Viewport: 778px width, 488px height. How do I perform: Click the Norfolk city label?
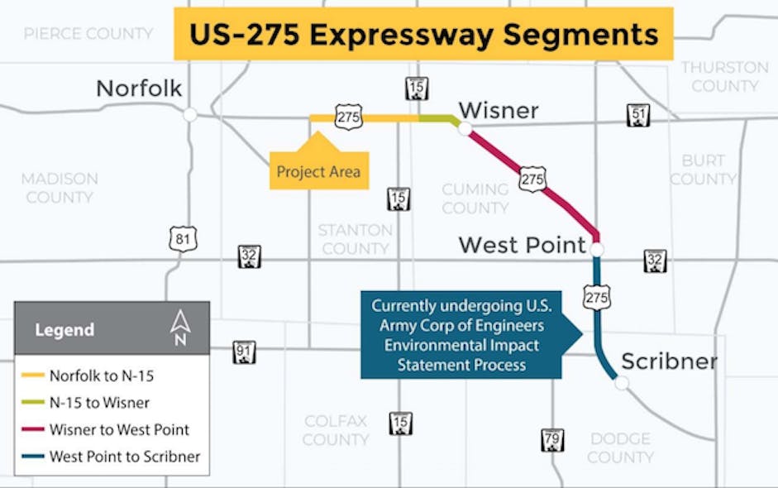(x=139, y=89)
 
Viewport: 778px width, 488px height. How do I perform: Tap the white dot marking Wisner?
(x=465, y=128)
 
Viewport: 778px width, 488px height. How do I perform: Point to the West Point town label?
(x=522, y=245)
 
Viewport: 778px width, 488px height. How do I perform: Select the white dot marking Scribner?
(x=622, y=382)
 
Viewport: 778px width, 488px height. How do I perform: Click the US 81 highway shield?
(x=181, y=239)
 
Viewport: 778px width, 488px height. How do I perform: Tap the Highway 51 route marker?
(x=637, y=116)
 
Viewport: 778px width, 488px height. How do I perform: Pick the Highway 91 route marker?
(x=244, y=352)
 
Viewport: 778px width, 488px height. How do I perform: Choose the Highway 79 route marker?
(x=551, y=440)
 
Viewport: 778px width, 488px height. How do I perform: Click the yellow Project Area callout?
(x=318, y=171)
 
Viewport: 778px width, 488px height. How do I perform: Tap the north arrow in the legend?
(x=179, y=328)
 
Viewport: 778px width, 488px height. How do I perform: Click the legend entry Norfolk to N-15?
(x=101, y=376)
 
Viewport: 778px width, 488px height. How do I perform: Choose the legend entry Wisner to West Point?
(x=118, y=429)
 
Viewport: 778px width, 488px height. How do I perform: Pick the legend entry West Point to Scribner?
(x=124, y=456)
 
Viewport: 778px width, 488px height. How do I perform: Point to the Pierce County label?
(x=88, y=33)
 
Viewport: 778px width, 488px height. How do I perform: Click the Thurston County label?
(x=724, y=76)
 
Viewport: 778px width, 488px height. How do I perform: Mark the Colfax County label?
(x=336, y=430)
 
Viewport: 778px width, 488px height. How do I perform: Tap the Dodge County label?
(x=620, y=447)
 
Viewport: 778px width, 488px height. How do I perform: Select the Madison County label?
(x=60, y=188)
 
